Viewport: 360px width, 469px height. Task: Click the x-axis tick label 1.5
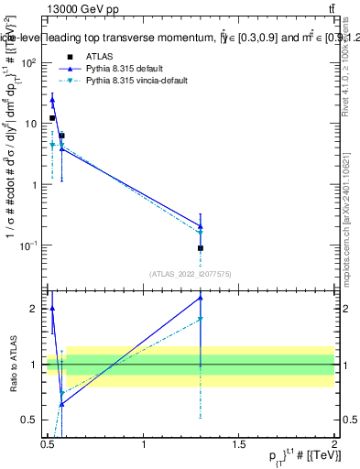[x=238, y=445]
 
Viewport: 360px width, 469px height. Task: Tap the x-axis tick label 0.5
[x=48, y=445]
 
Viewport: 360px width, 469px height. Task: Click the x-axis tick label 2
[x=333, y=445]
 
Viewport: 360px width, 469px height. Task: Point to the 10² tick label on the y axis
[x=28, y=62]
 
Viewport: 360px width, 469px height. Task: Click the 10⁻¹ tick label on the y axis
[x=28, y=245]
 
